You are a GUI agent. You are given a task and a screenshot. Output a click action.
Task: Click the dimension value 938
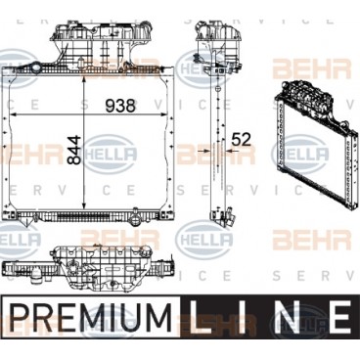(x=120, y=106)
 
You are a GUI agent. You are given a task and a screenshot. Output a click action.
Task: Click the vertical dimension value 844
(x=73, y=151)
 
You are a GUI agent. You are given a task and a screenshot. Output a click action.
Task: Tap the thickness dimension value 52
(x=241, y=140)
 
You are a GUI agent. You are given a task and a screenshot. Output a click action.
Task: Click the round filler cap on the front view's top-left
(x=35, y=68)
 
